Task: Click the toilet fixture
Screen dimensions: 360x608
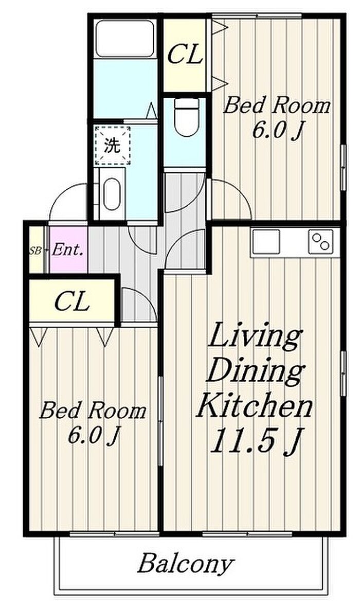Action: pyautogui.click(x=186, y=117)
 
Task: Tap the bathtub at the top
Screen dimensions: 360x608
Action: pyautogui.click(x=125, y=39)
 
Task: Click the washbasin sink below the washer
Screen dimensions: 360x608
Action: pyautogui.click(x=112, y=193)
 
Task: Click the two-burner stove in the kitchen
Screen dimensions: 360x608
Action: pyautogui.click(x=321, y=242)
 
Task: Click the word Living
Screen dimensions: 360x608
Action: pyautogui.click(x=255, y=336)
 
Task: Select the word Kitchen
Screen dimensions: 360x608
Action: pyautogui.click(x=255, y=406)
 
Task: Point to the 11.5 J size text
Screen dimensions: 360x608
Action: pyautogui.click(x=256, y=441)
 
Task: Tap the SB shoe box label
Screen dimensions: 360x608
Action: pyautogui.click(x=35, y=251)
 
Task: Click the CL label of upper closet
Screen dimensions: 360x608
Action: pyautogui.click(x=185, y=55)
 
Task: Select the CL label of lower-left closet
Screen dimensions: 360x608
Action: pyautogui.click(x=72, y=301)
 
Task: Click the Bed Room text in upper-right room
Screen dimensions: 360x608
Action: pyautogui.click(x=277, y=105)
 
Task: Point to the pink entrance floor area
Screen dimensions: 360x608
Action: pyautogui.click(x=68, y=249)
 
